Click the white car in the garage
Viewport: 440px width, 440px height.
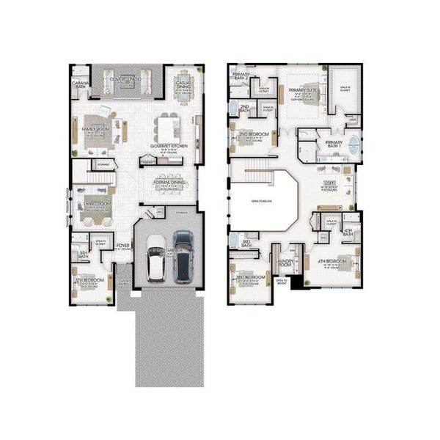point(156,259)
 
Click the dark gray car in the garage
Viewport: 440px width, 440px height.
point(183,256)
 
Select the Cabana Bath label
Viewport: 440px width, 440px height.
point(80,83)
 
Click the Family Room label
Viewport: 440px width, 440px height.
point(95,128)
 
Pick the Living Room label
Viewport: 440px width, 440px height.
point(96,204)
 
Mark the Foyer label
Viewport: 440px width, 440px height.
point(122,246)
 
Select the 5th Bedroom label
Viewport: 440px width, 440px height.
point(89,279)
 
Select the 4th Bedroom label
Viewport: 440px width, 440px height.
point(331,260)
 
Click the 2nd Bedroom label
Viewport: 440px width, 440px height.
point(253,134)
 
